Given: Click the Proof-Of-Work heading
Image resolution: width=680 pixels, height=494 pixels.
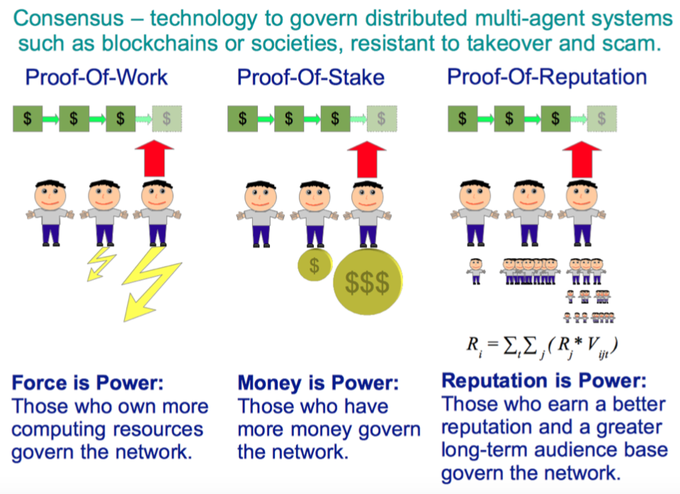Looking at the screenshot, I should click(x=97, y=77).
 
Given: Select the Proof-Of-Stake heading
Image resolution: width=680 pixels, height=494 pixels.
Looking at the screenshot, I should click(x=311, y=77).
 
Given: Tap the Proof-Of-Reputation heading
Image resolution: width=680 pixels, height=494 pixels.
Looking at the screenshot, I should click(x=547, y=77).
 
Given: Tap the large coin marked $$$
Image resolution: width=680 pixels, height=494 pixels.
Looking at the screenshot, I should click(x=367, y=283).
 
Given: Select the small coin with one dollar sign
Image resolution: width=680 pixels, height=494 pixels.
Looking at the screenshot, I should click(x=314, y=265).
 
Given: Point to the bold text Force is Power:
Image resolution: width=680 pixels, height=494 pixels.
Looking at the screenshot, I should click(x=88, y=383).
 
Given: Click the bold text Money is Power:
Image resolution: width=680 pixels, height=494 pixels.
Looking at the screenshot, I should click(x=318, y=383).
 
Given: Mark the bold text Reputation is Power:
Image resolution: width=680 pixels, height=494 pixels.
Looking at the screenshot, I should click(x=544, y=381).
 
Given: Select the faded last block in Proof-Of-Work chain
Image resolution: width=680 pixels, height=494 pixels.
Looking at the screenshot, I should click(x=167, y=118).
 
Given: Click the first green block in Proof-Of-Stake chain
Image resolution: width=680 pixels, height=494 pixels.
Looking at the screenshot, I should click(x=242, y=118).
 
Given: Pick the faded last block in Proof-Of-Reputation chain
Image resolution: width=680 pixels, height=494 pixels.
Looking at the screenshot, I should click(x=601, y=118).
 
